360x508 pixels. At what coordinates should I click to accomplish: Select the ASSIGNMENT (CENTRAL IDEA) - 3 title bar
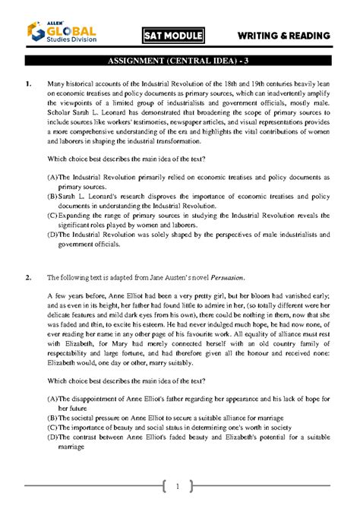point(179,62)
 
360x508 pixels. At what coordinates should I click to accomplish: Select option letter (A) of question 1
point(52,176)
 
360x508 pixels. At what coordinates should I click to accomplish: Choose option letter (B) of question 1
point(52,196)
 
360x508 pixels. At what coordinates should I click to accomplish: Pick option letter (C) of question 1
point(52,216)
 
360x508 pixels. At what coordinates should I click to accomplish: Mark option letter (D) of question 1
point(52,235)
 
